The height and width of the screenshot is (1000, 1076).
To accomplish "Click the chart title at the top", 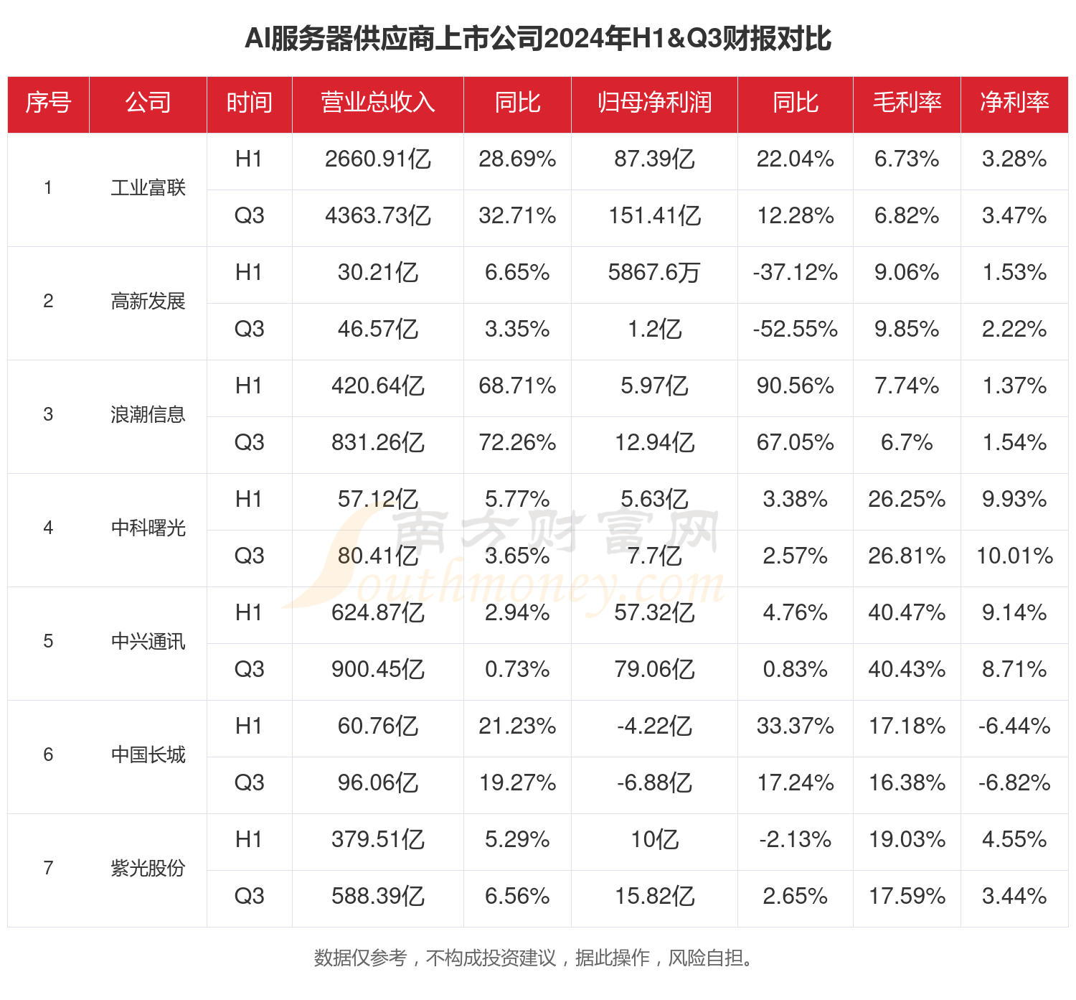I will (538, 39).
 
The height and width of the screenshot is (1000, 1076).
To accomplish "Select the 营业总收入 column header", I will (377, 103).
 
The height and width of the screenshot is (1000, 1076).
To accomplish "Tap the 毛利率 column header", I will (907, 103).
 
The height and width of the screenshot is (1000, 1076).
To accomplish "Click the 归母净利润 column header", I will (654, 103).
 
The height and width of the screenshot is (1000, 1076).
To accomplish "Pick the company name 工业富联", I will (148, 188).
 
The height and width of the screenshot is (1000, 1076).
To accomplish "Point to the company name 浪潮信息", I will (148, 415).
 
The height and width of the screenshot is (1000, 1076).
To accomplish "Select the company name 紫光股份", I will (148, 869).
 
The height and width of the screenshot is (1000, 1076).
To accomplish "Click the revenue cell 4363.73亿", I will (377, 216).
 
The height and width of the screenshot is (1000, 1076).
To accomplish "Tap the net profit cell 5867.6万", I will (654, 273).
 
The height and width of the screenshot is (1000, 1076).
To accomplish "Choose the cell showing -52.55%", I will (795, 330).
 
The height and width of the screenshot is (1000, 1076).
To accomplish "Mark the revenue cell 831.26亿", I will (377, 443).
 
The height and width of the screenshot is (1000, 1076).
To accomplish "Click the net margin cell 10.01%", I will (1014, 556).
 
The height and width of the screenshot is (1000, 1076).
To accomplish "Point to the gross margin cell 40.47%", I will (907, 613).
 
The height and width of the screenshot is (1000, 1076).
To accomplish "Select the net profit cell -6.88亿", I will (654, 783).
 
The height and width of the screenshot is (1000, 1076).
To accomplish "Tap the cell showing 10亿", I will (654, 840).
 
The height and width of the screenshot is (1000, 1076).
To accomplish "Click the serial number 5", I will (48, 642).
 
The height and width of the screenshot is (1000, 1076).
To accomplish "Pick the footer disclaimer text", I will (534, 958).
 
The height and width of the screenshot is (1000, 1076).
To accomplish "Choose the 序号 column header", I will (48, 103).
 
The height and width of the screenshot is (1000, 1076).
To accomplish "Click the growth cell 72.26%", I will (517, 443).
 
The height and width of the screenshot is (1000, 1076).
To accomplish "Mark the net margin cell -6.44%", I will (1014, 726).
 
